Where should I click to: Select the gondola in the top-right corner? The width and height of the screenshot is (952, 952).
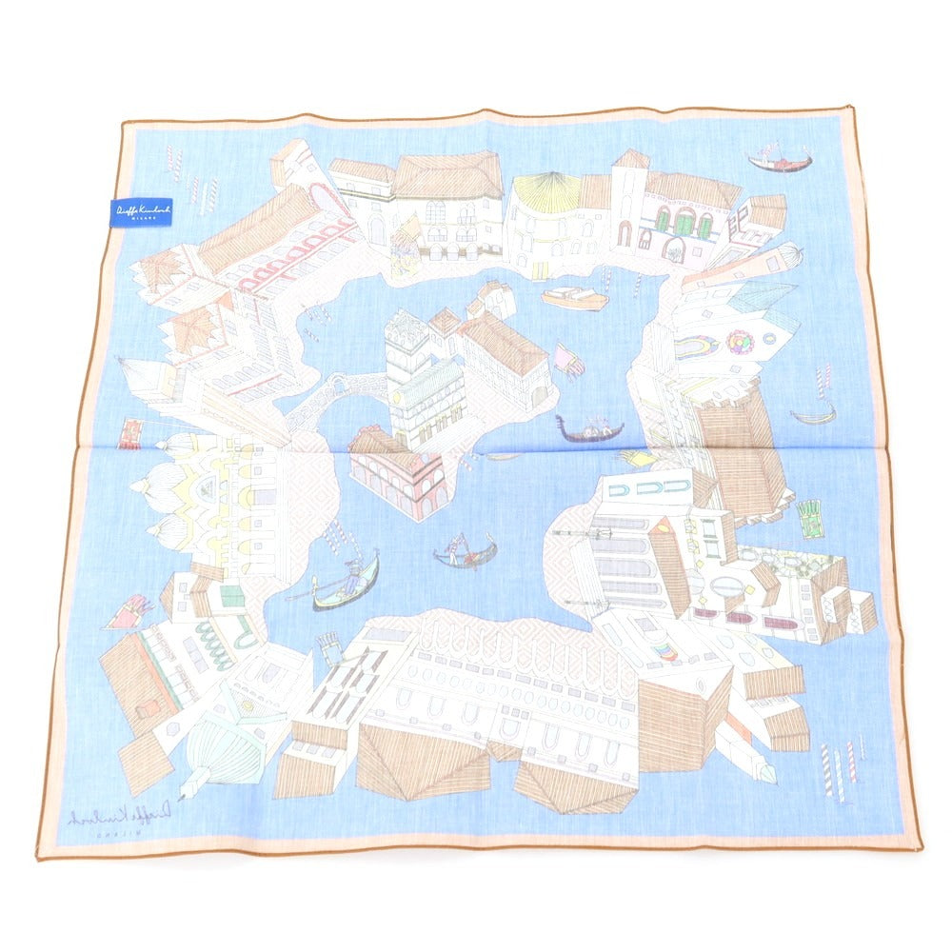[x=779, y=160]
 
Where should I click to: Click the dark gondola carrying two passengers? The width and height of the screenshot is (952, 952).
[x=590, y=430]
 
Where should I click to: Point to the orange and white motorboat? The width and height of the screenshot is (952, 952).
[x=575, y=297]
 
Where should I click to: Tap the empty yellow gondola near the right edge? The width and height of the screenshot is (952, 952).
[x=814, y=415]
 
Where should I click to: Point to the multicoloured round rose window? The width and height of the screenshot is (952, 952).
[x=739, y=341]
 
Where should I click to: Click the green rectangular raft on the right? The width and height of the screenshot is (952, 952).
[x=810, y=519]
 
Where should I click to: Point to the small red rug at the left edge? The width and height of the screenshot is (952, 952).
[x=129, y=434]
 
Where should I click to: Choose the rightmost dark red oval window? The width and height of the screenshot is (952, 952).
[x=774, y=624]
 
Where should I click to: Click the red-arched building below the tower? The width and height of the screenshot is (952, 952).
[x=400, y=476]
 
